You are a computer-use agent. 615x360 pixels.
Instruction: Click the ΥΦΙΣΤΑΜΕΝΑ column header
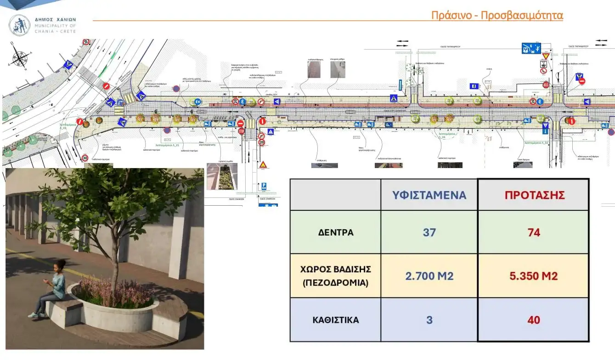pos(429,194)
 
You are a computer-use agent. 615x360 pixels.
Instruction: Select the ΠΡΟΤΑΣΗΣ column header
pos(534,194)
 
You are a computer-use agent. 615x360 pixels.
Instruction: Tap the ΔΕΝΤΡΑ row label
pos(336,232)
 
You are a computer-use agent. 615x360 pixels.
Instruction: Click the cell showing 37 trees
pos(429,232)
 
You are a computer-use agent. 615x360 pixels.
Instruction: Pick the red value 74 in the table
pos(534,232)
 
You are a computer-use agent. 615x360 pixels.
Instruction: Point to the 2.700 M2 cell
pos(429,276)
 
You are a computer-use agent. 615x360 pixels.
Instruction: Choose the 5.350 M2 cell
pos(534,276)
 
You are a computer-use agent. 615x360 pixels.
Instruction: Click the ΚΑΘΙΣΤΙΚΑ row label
pos(336,320)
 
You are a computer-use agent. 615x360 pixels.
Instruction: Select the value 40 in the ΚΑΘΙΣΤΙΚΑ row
pos(534,320)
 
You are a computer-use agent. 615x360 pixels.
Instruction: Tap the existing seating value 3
pos(429,320)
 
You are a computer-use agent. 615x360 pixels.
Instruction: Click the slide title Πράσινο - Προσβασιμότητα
pos(497,15)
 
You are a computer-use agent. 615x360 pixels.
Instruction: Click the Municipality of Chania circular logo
pos(20,25)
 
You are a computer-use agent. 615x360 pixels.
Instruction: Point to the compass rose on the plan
pos(20,57)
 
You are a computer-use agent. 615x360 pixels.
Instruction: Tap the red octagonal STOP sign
pos(242,131)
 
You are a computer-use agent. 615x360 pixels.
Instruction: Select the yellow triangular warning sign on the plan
pos(263,164)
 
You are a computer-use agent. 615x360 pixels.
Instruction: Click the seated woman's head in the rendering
pos(60,265)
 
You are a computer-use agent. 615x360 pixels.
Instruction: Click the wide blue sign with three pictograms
pos(530,48)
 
